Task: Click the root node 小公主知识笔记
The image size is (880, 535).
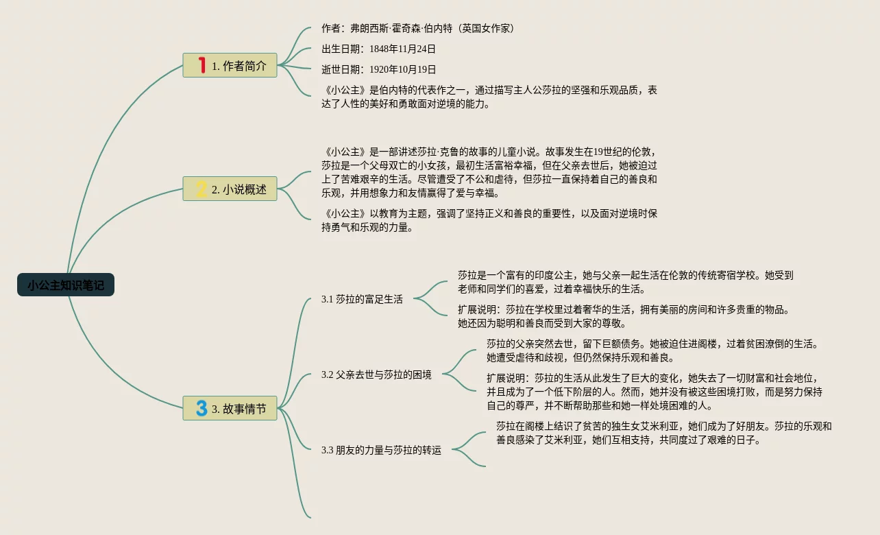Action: (66, 285)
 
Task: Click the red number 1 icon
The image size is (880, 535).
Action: (201, 65)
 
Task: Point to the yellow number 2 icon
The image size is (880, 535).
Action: (201, 189)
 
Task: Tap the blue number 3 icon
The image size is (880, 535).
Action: (201, 408)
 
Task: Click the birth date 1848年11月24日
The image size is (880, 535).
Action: (402, 49)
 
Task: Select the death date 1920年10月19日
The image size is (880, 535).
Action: (402, 69)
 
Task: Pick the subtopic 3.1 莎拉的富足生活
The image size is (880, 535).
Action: (362, 299)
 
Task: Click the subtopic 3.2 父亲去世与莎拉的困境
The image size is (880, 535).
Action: (376, 374)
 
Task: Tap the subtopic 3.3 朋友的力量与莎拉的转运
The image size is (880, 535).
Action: (381, 450)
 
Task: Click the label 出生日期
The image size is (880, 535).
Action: (342, 49)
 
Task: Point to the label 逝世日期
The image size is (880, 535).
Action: (342, 69)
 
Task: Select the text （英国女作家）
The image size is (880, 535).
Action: (488, 28)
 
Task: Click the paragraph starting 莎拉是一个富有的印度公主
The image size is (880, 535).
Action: (625, 282)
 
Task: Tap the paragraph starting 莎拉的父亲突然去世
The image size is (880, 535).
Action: (652, 350)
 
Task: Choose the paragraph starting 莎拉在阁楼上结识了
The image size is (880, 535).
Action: (663, 433)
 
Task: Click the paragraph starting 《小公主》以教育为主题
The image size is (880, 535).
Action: (489, 220)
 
